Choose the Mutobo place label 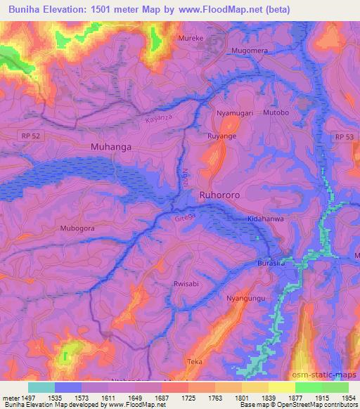(276, 112)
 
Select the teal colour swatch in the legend (41, 387)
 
